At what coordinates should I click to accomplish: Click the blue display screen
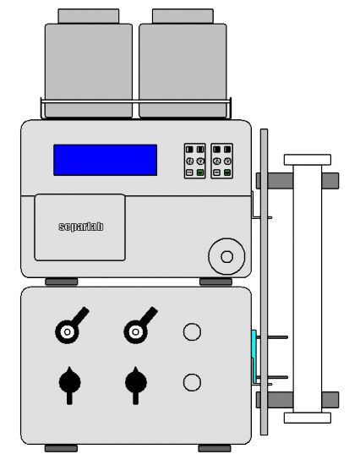(x=106, y=160)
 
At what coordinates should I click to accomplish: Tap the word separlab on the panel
(x=81, y=227)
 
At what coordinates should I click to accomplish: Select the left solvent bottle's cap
(x=89, y=16)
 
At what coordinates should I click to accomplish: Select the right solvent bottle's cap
(x=183, y=16)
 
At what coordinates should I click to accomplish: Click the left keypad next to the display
(x=195, y=161)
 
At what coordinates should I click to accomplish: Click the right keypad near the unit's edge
(x=221, y=161)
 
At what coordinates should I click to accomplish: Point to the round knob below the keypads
(x=226, y=256)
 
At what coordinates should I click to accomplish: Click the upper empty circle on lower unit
(x=192, y=332)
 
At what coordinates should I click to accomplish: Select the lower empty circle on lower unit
(x=192, y=382)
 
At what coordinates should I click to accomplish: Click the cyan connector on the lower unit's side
(x=254, y=356)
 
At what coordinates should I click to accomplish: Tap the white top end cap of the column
(x=308, y=160)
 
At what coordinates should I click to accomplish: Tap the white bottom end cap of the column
(x=308, y=418)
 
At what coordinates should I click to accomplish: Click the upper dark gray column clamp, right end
(x=330, y=181)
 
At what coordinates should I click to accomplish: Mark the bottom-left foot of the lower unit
(x=61, y=448)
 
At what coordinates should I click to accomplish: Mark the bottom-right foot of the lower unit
(x=215, y=448)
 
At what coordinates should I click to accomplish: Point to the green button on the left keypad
(x=200, y=172)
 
